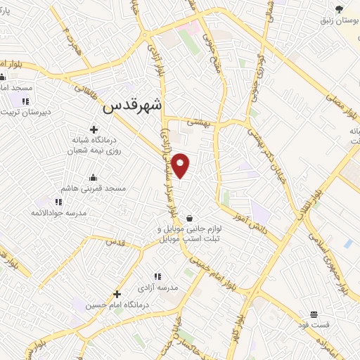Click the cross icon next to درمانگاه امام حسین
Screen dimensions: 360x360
point(117,294)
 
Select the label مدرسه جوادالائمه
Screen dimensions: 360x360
point(58,212)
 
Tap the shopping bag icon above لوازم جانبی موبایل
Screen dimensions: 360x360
point(190,218)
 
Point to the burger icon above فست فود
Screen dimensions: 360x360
point(314,314)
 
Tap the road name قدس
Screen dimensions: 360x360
point(114,242)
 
